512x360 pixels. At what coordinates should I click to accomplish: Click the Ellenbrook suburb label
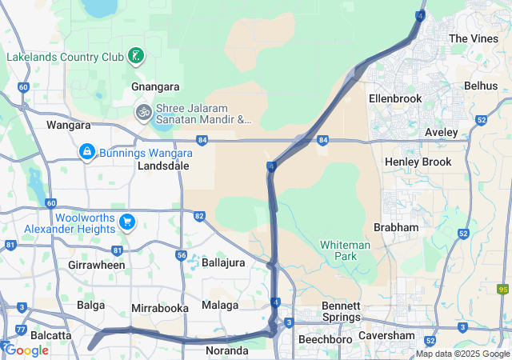[394, 98]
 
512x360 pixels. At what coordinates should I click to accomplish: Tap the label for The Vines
[473, 38]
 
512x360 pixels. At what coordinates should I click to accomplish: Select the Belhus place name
[480, 86]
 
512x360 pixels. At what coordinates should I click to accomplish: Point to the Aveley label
[442, 132]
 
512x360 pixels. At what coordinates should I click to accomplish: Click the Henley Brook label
[418, 162]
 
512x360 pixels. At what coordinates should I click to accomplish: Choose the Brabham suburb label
[396, 227]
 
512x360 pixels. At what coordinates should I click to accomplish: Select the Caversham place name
[386, 335]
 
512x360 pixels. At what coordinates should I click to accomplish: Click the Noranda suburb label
[226, 350]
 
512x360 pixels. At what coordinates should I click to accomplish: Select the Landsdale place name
[163, 166]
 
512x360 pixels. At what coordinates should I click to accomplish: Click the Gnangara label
[154, 86]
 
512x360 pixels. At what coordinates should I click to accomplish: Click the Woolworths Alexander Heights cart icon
[126, 222]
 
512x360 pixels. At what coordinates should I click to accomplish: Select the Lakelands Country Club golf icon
[137, 55]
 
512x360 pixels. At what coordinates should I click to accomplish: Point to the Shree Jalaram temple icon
[143, 110]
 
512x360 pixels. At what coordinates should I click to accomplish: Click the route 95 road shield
[503, 290]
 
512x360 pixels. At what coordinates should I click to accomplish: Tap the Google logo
[26, 350]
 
